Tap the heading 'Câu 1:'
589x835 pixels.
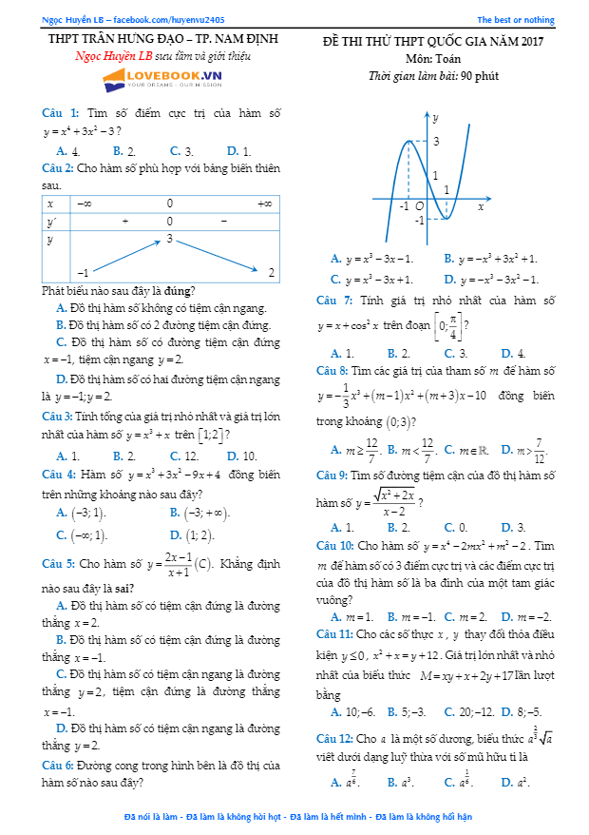(x=61, y=112)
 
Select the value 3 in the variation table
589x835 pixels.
(x=170, y=238)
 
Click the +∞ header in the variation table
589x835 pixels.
(x=265, y=203)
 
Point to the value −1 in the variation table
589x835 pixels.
(x=84, y=273)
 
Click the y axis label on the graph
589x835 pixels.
(x=436, y=118)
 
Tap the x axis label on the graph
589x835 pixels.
(x=481, y=206)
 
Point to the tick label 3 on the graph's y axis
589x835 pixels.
(x=436, y=142)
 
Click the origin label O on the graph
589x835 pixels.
(x=419, y=205)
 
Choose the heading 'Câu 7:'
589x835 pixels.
(x=334, y=301)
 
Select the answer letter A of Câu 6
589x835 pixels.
(x=336, y=259)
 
